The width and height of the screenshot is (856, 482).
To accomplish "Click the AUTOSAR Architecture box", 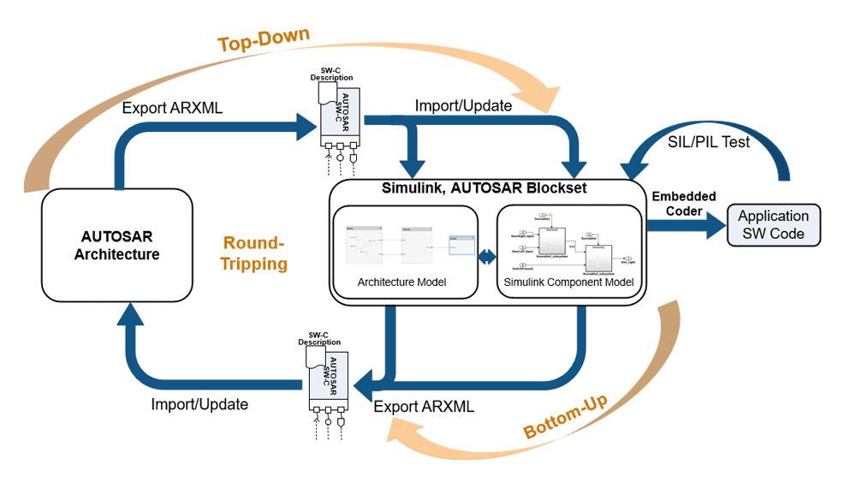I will [116, 244].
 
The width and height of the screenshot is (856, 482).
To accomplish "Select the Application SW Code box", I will [773, 225].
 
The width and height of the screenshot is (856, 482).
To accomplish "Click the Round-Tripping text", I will [254, 253].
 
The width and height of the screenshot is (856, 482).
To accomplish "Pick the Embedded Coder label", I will [685, 204].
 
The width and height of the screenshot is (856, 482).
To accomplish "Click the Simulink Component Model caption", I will [568, 282].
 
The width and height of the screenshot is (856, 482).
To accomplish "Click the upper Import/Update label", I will [463, 106].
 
